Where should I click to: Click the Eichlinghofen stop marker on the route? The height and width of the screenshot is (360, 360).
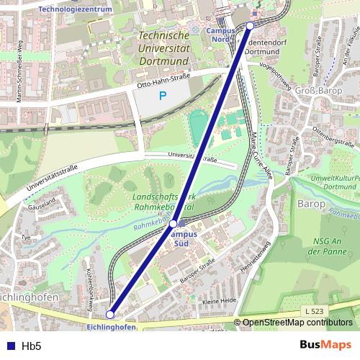pyautogui.click(x=110, y=314)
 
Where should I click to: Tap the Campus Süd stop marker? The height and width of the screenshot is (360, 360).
pyautogui.click(x=173, y=224)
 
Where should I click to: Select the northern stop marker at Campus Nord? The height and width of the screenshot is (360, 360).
pyautogui.click(x=250, y=25)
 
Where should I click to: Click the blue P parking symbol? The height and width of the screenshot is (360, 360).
pyautogui.click(x=163, y=95)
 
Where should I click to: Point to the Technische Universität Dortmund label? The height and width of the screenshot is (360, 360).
pyautogui.click(x=163, y=42)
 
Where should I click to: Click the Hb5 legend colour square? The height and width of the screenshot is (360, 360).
pyautogui.click(x=9, y=346)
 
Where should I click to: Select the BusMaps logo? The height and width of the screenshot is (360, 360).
pyautogui.click(x=320, y=346)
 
